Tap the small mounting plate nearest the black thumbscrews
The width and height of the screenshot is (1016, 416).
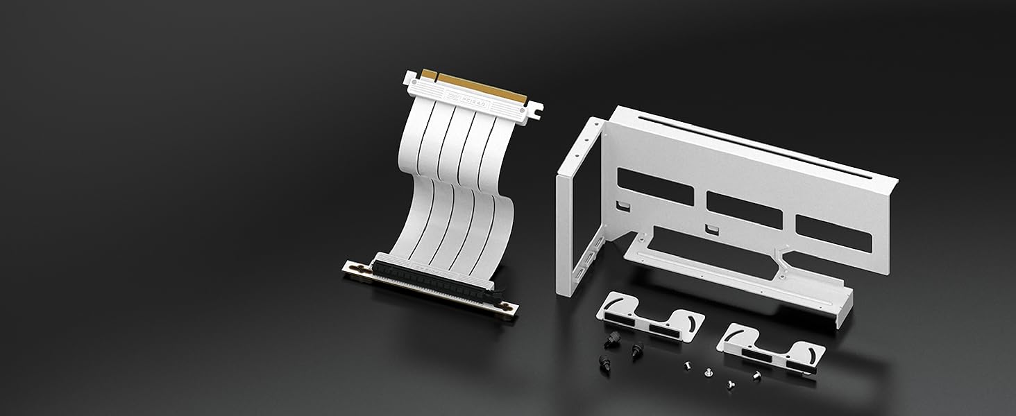tap(650, 319)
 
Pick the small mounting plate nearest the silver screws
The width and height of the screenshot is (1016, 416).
tap(770, 350)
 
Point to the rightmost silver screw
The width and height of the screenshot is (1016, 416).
tap(756, 375)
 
